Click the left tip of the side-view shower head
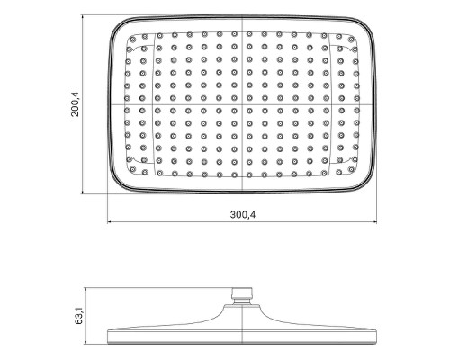[x=108, y=338]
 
